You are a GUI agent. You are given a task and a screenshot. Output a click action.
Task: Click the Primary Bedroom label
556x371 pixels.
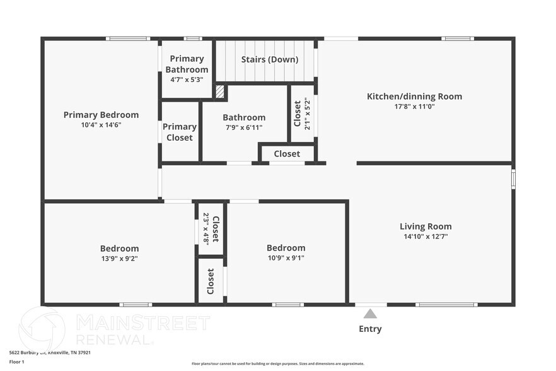tap(101, 115)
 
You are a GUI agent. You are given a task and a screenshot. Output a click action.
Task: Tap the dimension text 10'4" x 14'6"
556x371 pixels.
tap(101, 125)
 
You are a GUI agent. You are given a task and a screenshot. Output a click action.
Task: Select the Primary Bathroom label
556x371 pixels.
tap(187, 64)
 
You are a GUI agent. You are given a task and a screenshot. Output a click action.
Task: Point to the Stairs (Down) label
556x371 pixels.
tap(270, 60)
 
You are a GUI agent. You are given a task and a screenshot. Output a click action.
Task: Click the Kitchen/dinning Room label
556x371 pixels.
tap(414, 97)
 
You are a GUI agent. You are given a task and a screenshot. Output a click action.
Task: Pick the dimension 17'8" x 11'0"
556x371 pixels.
tap(414, 107)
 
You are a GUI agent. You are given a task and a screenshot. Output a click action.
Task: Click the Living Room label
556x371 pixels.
tap(426, 227)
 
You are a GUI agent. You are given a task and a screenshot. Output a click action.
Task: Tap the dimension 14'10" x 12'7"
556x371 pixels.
tap(426, 237)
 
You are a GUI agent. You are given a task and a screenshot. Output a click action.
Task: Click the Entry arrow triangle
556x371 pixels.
tap(370, 314)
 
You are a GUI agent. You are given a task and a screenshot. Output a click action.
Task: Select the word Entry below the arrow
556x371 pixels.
tap(370, 329)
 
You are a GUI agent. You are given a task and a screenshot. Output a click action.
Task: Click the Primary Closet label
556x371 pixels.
tap(180, 132)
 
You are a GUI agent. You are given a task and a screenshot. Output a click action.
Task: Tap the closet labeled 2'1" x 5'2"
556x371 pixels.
tap(302, 114)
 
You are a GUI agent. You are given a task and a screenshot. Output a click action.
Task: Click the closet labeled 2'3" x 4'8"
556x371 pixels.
tap(211, 228)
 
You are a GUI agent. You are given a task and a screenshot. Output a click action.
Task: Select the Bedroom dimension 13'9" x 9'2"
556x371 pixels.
tap(119, 258)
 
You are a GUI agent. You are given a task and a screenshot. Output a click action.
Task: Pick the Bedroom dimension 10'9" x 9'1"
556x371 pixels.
tap(286, 257)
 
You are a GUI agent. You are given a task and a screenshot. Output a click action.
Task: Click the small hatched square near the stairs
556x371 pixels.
tap(219, 91)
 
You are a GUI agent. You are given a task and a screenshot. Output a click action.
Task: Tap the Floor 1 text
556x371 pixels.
tap(16, 362)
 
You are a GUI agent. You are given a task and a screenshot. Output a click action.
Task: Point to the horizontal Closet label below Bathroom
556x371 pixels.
tap(287, 153)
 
